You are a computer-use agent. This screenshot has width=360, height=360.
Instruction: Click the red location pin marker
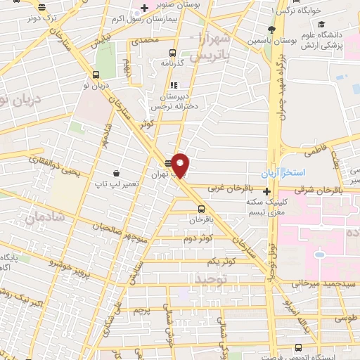[181, 165]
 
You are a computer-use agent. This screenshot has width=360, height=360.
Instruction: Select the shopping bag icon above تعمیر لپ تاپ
[115, 172]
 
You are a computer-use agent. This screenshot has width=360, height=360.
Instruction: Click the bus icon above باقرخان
[202, 208]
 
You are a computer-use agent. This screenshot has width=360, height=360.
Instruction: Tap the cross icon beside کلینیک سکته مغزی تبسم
[266, 191]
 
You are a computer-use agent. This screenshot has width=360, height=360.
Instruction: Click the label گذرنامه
[172, 63]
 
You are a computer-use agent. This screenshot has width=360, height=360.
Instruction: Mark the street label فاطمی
[312, 150]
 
